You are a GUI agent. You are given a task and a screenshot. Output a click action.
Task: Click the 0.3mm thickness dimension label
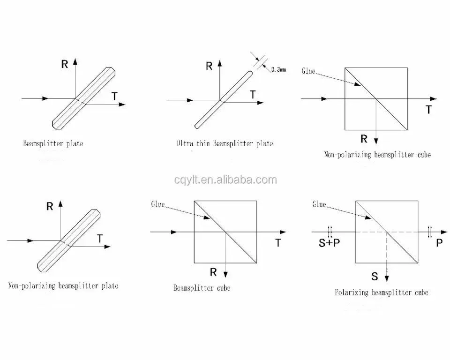click(x=278, y=69)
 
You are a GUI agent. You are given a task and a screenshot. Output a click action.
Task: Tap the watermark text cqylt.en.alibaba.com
click(x=225, y=180)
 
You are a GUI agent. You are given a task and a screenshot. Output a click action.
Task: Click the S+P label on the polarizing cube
click(x=329, y=243)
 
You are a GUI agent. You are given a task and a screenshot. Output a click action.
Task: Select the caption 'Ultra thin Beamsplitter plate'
click(x=225, y=143)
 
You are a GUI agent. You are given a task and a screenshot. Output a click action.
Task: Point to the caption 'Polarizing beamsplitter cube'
click(x=382, y=292)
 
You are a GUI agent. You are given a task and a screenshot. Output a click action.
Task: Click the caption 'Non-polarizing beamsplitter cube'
click(x=377, y=155)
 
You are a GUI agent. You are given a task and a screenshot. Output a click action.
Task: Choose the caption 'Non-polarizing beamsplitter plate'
click(x=63, y=285)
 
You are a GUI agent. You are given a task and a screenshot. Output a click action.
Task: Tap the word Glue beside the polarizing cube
click(x=319, y=204)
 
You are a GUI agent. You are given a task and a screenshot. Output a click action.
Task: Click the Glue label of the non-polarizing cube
click(x=308, y=71)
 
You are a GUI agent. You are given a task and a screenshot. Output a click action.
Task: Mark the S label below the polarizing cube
click(x=375, y=277)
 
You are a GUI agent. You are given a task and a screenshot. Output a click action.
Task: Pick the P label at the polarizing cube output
click(x=439, y=243)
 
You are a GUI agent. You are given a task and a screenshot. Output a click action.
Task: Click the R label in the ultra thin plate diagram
click(x=209, y=66)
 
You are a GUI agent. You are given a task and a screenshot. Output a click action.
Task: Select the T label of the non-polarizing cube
click(x=428, y=109)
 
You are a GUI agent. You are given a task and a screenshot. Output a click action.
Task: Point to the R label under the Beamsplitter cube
click(x=213, y=272)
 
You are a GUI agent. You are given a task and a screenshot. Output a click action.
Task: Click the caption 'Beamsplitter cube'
click(x=202, y=288)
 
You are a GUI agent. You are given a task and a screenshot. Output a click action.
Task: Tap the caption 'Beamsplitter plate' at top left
click(x=53, y=143)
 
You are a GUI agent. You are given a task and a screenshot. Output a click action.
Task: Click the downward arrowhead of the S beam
click(x=387, y=278)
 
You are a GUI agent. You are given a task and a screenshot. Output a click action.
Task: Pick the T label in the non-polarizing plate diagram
click(x=99, y=239)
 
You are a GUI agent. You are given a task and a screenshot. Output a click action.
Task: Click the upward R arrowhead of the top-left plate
click(x=75, y=61)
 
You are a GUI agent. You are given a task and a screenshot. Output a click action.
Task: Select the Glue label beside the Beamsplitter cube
click(x=158, y=204)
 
